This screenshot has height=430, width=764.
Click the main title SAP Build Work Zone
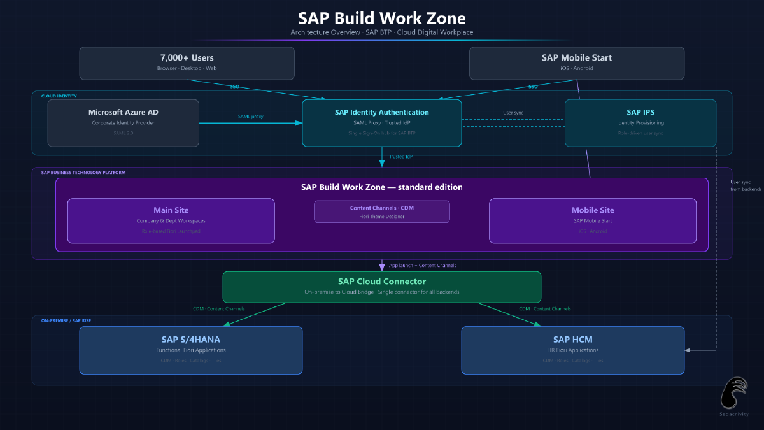pyautogui.click(x=382, y=18)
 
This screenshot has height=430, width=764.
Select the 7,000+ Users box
pyautogui.click(x=187, y=62)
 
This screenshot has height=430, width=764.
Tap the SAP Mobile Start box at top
pyautogui.click(x=576, y=62)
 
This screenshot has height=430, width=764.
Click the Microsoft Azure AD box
pyautogui.click(x=123, y=122)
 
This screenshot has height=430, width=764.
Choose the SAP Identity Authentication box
pyautogui.click(x=381, y=122)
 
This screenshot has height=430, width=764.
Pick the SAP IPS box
pyautogui.click(x=640, y=122)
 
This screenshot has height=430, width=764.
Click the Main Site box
pyautogui.click(x=171, y=220)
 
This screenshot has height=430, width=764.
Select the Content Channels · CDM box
pyautogui.click(x=381, y=211)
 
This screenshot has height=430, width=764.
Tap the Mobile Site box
pyautogui.click(x=592, y=220)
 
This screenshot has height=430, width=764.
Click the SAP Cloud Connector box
pyautogui.click(x=381, y=287)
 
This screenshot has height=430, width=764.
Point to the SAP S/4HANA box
pyautogui.click(x=190, y=350)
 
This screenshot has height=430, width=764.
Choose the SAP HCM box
pyautogui.click(x=572, y=350)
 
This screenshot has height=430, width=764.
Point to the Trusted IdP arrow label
pyautogui.click(x=401, y=156)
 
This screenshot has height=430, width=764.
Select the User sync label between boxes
pyautogui.click(x=513, y=113)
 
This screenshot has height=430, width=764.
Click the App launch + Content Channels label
pyautogui.click(x=422, y=265)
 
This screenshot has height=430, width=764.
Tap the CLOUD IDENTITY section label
pyautogui.click(x=59, y=96)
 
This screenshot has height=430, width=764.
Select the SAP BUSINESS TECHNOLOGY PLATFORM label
pyautogui.click(x=83, y=173)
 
